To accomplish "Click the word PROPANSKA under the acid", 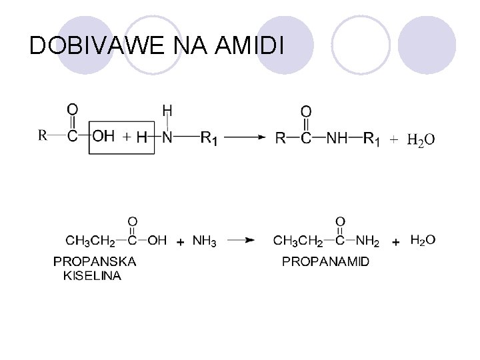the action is pos(95,262).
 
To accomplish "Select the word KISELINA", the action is pos(93,275).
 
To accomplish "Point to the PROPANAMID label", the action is pos(325,262).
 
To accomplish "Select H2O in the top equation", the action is pos(421,139).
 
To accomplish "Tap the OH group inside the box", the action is pos(103,137).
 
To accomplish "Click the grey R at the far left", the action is pos(42,135).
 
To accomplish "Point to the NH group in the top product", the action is pos(336,138).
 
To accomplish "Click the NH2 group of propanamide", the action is pos(367,240).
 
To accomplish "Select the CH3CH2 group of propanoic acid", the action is pos(90,240).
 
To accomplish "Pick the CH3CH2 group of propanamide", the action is pos(298,240).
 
